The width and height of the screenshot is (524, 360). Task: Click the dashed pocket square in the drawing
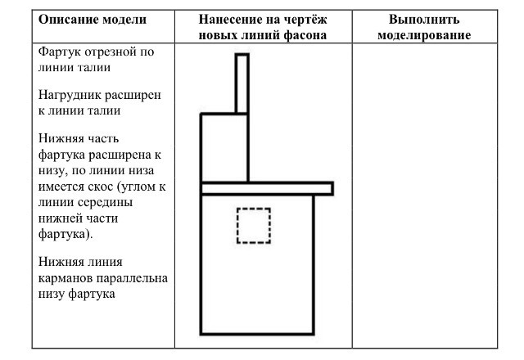254,209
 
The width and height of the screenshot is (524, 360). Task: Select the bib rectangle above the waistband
201,148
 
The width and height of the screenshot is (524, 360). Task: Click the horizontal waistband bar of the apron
267,183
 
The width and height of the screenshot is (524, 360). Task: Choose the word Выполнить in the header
424,20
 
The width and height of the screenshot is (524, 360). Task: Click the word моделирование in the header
424,35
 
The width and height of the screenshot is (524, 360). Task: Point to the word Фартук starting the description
60,52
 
